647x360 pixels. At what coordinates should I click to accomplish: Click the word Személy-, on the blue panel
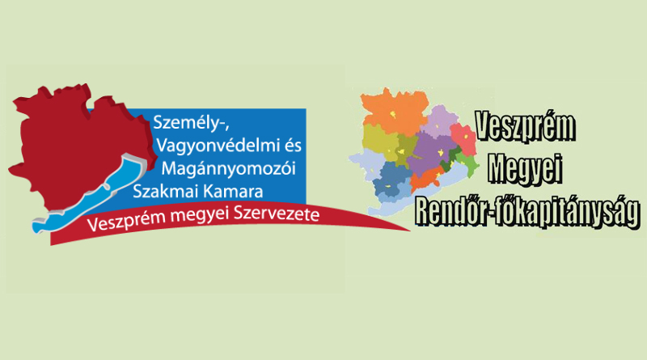point(191,123)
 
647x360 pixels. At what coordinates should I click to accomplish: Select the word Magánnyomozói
point(229,168)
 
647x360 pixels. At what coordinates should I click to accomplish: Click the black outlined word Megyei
point(526,168)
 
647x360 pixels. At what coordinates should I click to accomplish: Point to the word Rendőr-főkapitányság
point(528,211)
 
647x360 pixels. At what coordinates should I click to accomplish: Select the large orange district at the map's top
point(394,112)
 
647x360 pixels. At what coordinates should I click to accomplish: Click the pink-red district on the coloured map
point(463,139)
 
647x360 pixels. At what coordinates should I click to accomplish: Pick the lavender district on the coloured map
point(440,121)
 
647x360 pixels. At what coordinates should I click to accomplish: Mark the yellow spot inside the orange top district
point(395,114)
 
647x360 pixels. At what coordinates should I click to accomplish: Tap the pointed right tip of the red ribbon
point(410,231)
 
